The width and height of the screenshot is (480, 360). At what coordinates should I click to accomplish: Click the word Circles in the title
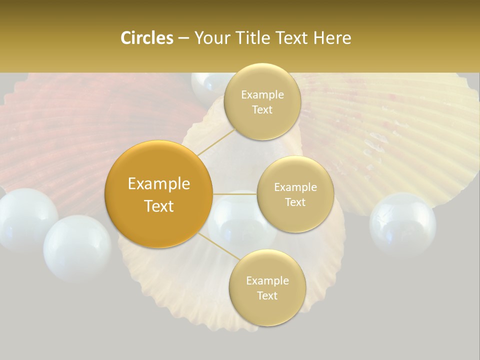146,38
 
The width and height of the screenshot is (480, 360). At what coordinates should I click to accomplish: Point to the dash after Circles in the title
183,38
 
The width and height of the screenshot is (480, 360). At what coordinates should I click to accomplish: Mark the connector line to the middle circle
235,194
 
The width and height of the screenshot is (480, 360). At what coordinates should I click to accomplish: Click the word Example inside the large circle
158,184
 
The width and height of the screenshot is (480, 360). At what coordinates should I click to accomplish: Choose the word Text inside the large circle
158,206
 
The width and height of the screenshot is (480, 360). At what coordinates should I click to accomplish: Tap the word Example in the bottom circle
267,280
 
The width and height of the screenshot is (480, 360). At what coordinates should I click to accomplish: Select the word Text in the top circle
262,110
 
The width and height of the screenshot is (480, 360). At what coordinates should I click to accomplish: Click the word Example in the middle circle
295,187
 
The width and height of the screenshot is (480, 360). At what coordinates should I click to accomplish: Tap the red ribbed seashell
75,135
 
